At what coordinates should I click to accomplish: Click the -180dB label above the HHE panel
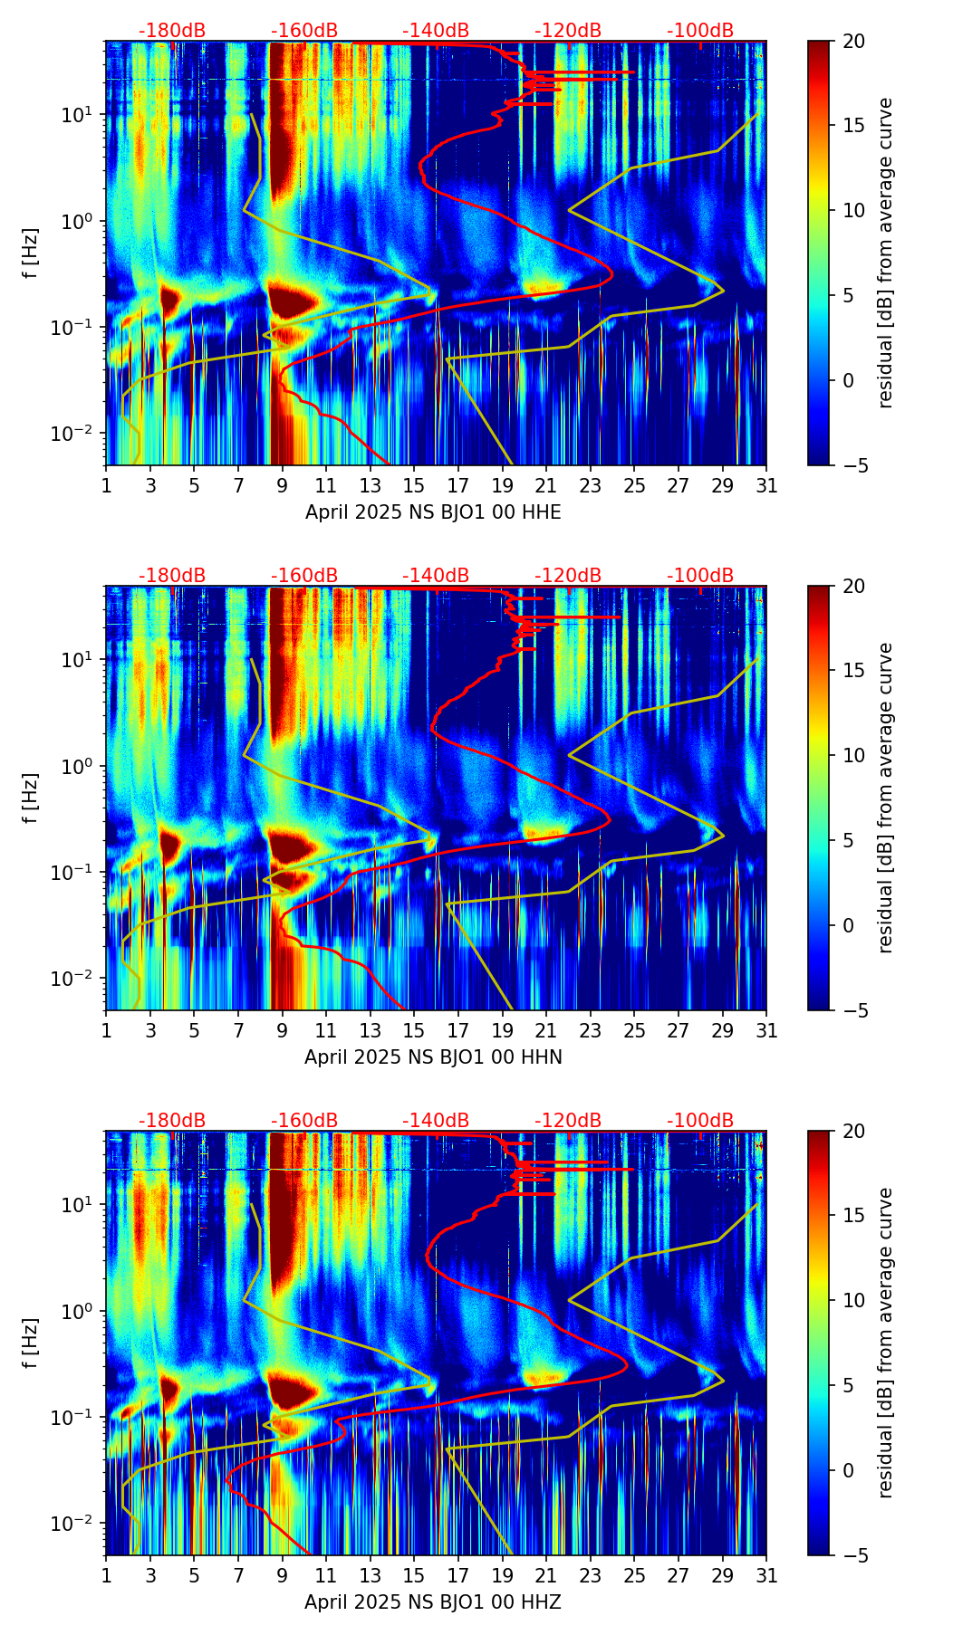pos(172,31)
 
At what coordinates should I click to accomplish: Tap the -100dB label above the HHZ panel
pos(700,1121)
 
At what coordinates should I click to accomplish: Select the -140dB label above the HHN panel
pos(436,576)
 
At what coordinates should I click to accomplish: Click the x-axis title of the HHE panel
pos(433,512)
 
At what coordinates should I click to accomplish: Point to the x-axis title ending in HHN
pos(433,1057)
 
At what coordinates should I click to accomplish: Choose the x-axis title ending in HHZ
pos(433,1602)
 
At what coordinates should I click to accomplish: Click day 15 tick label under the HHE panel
pos(414,486)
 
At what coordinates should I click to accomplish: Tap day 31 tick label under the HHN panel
pos(766,1031)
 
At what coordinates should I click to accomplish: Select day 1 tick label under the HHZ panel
pos(107,1576)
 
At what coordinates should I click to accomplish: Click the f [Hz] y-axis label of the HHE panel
pos(31,253)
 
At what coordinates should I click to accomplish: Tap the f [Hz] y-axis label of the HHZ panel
pos(31,1343)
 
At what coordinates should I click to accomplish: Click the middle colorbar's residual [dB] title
pos(886,798)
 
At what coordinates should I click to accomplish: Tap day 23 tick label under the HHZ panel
pos(590,1576)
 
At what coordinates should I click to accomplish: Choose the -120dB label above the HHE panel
pos(568,31)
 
